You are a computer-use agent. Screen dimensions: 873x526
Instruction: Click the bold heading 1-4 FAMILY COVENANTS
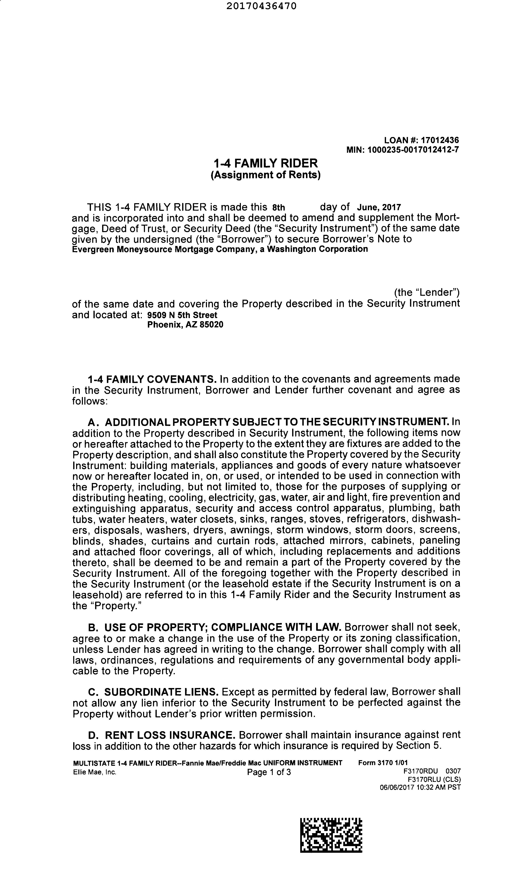(x=152, y=379)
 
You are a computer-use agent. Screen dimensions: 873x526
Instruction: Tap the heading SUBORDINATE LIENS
(x=161, y=692)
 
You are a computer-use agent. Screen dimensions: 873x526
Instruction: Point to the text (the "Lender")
(x=427, y=293)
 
